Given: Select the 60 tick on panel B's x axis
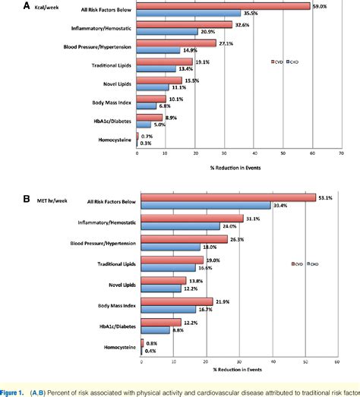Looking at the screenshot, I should point(337,359).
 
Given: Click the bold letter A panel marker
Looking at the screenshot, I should point(6,6).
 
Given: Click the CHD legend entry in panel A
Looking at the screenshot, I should point(292,61).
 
